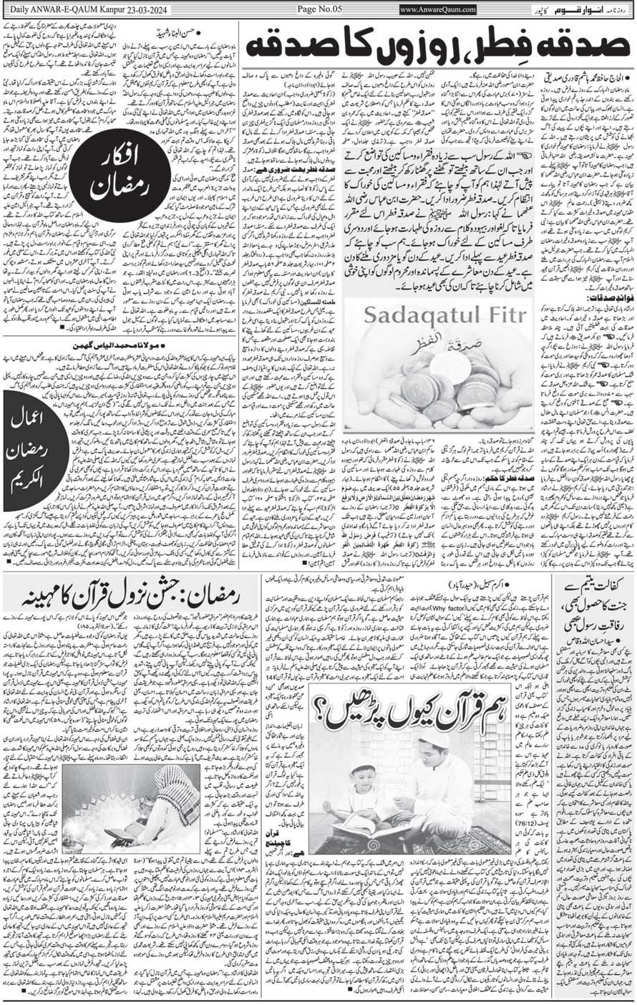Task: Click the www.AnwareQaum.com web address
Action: pyautogui.click(x=437, y=9)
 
